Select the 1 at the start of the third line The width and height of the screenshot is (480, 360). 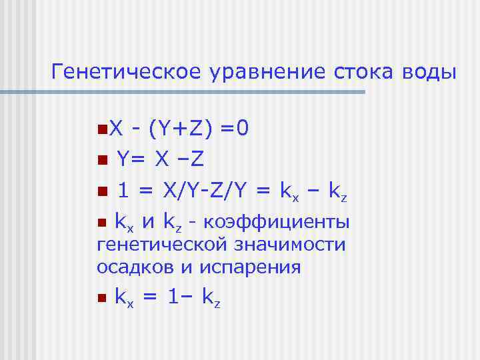[123, 193]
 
